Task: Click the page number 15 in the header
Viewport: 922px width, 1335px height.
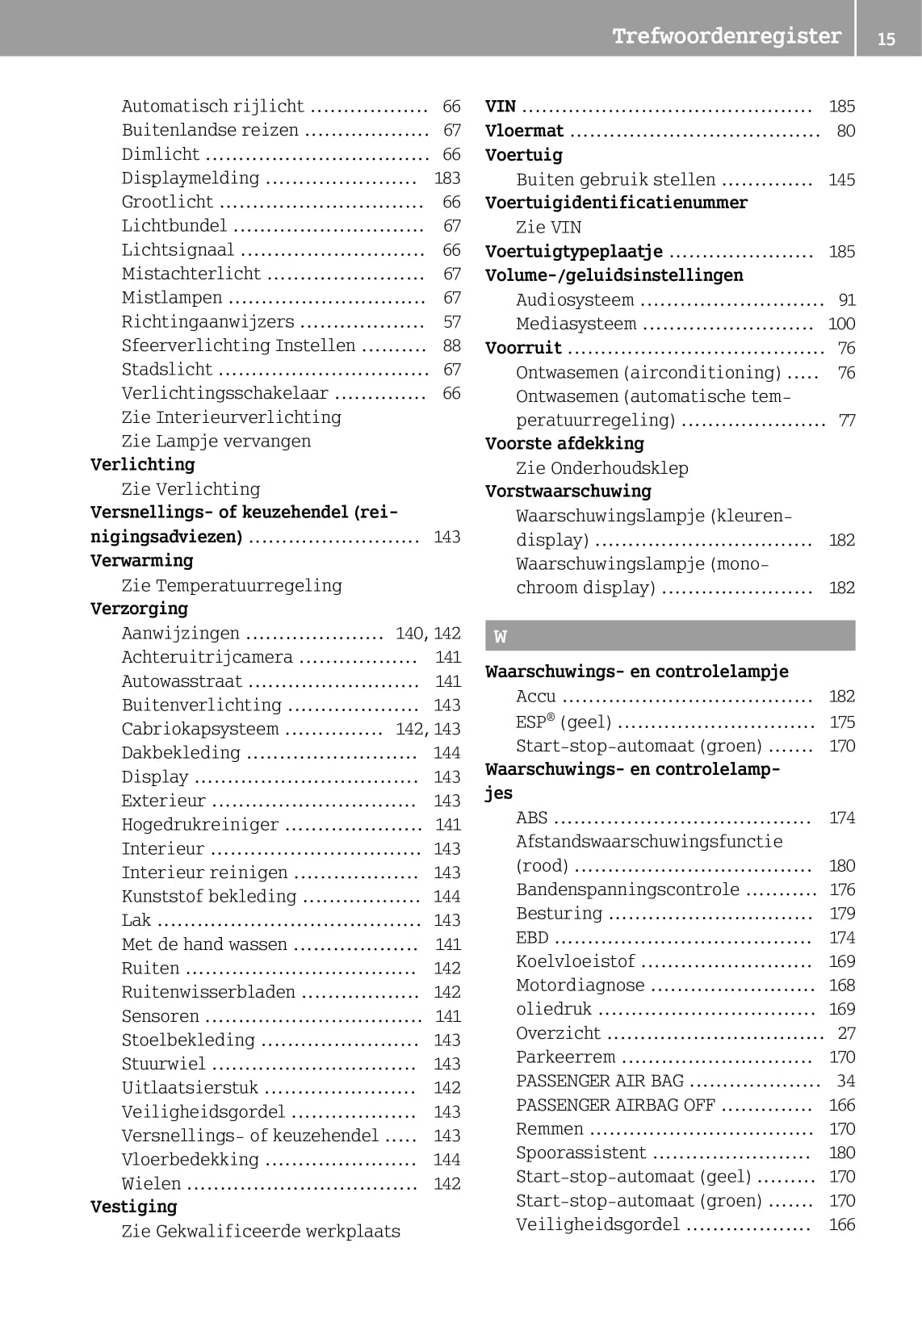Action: (x=886, y=39)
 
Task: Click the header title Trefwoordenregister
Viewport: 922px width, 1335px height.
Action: (x=726, y=36)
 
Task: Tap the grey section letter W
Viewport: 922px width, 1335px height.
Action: (x=501, y=637)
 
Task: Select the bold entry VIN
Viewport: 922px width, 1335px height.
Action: (x=501, y=107)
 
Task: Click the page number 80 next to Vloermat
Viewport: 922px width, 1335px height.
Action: (x=845, y=131)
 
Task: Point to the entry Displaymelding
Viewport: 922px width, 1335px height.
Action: (x=191, y=178)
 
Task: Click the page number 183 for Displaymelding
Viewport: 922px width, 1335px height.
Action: (x=446, y=178)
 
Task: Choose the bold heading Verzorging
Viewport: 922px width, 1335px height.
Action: (x=139, y=609)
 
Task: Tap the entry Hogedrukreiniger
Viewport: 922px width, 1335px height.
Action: (x=200, y=825)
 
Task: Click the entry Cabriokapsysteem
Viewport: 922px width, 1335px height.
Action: (x=200, y=729)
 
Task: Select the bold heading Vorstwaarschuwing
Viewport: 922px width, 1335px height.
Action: (x=568, y=492)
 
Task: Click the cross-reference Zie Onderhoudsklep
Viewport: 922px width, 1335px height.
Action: (x=602, y=468)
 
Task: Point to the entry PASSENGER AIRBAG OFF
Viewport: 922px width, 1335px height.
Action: (x=615, y=1105)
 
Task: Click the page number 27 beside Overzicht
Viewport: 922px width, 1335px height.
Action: (x=846, y=1033)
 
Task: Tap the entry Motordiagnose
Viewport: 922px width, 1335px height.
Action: (x=580, y=986)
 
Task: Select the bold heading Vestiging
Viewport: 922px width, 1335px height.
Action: (x=133, y=1207)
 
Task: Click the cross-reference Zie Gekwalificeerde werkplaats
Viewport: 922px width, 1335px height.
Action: (x=261, y=1231)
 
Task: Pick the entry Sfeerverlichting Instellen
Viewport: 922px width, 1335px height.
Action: (x=238, y=345)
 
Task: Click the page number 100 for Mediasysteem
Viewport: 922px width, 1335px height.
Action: (x=841, y=324)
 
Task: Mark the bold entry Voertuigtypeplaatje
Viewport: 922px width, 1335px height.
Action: (x=574, y=252)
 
